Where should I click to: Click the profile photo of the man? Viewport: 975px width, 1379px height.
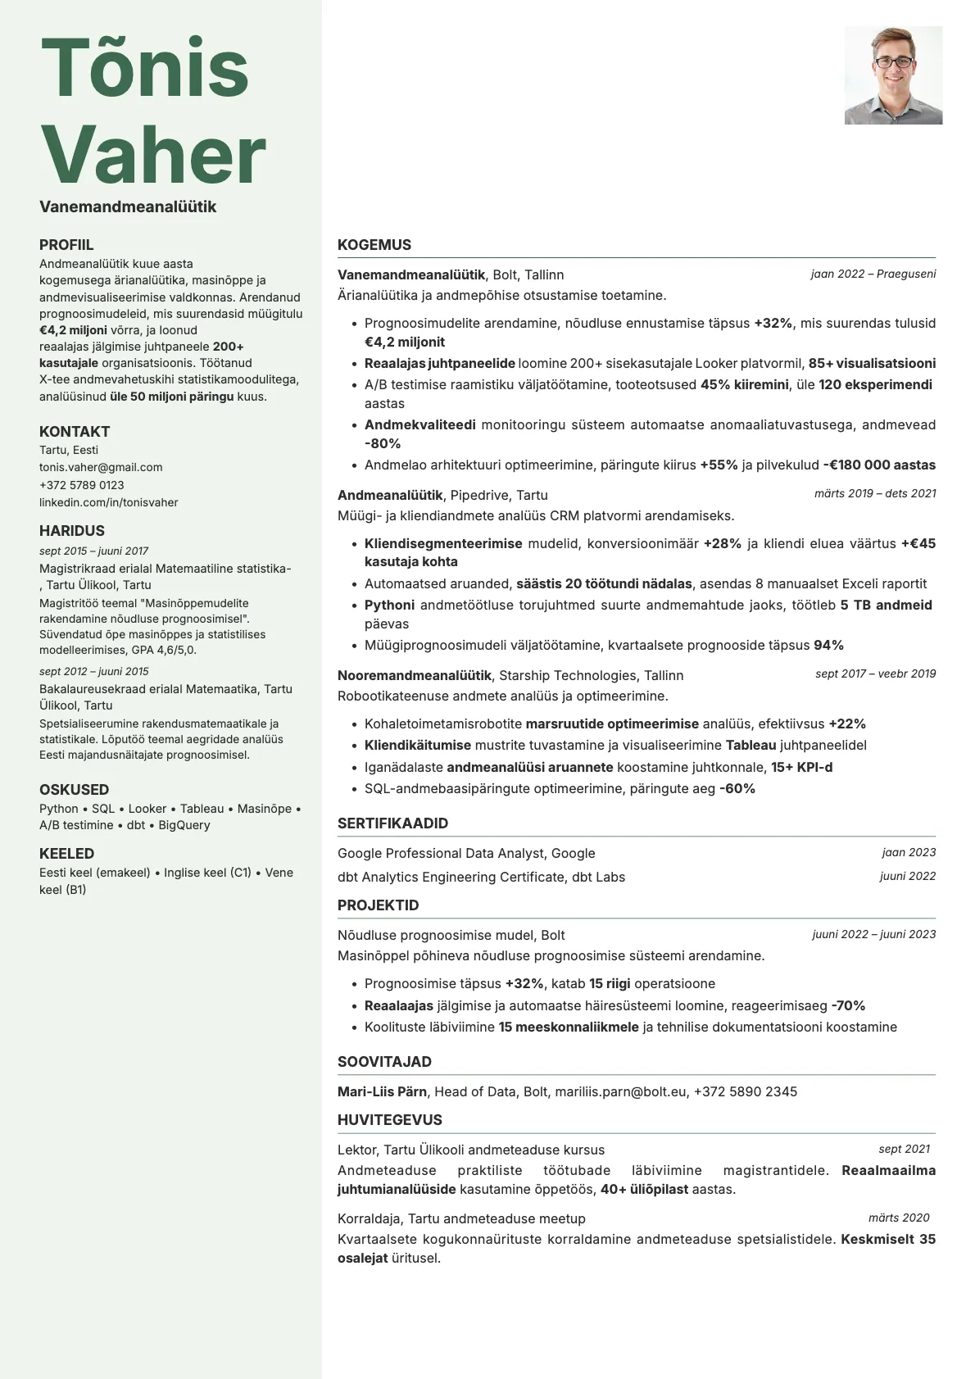click(x=893, y=75)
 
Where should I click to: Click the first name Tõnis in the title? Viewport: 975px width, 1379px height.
click(x=144, y=67)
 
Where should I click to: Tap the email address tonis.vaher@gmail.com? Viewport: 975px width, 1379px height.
click(x=101, y=467)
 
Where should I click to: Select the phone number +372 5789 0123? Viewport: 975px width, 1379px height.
click(x=82, y=485)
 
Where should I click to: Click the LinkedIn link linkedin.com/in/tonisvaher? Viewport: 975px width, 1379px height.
click(x=108, y=502)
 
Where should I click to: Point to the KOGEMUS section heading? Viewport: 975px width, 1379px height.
click(x=374, y=245)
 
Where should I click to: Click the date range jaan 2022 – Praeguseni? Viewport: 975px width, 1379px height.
click(x=873, y=274)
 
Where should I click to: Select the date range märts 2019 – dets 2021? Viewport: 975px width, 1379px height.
click(x=874, y=493)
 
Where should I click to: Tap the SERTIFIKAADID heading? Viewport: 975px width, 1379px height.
click(x=392, y=823)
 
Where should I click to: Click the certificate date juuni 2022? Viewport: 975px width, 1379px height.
click(x=907, y=876)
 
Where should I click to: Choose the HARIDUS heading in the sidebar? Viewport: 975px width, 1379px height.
click(x=72, y=531)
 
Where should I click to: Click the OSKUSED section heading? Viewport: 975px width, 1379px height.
click(x=74, y=790)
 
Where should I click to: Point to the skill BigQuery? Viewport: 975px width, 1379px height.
click(x=184, y=825)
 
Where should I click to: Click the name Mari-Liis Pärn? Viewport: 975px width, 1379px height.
click(x=382, y=1091)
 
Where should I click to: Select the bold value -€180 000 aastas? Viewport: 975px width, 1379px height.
click(x=879, y=465)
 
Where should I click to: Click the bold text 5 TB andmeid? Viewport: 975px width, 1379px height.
click(x=886, y=605)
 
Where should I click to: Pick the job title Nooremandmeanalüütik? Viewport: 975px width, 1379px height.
click(x=414, y=675)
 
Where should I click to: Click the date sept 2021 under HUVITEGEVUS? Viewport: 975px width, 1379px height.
click(x=904, y=1149)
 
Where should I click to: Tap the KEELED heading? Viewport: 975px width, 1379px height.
click(x=66, y=854)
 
